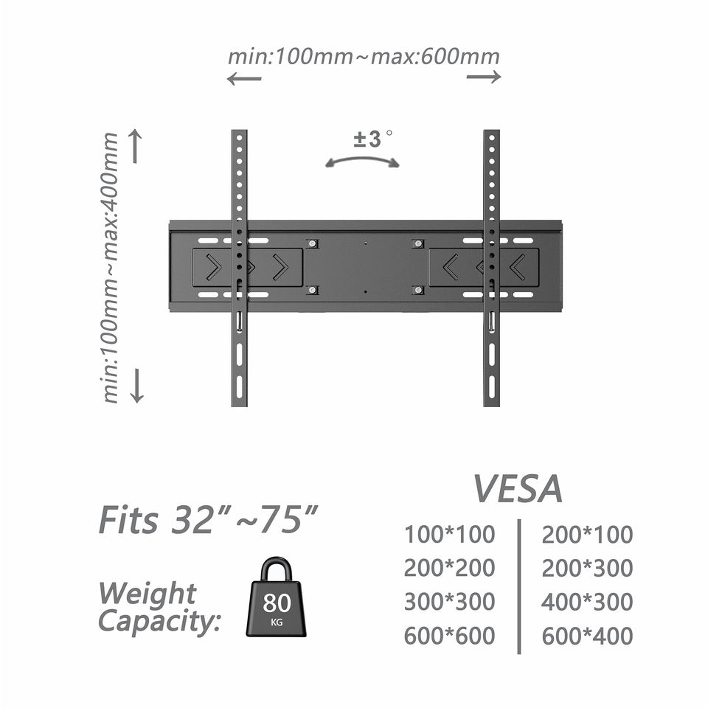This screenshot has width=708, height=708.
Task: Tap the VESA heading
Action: coord(517,488)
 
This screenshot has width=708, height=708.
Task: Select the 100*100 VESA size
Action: coord(449,534)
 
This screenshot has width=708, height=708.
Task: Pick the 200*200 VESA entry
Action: coord(449,568)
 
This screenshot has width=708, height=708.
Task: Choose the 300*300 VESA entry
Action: coord(449,602)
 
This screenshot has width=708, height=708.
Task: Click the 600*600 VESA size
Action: coord(449,636)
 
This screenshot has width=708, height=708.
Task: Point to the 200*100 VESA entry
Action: coord(587,534)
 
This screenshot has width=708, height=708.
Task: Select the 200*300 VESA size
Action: coord(587,568)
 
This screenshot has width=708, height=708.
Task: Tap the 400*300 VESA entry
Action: coord(587,602)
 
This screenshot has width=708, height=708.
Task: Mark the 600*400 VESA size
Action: coord(587,636)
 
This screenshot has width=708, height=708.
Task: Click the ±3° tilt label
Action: coord(372,139)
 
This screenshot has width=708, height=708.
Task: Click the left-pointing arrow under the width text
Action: coord(244,78)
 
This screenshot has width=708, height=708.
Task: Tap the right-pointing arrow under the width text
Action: coord(484,77)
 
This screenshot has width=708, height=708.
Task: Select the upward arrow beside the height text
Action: coord(136,146)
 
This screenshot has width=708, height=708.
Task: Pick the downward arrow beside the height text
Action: coord(136,385)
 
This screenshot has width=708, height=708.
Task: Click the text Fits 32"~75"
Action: coord(209,519)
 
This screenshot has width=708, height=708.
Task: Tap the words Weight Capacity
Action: coord(159,607)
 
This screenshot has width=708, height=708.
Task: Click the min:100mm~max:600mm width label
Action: coord(364,56)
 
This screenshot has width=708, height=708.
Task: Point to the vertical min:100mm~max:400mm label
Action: coord(111,268)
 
